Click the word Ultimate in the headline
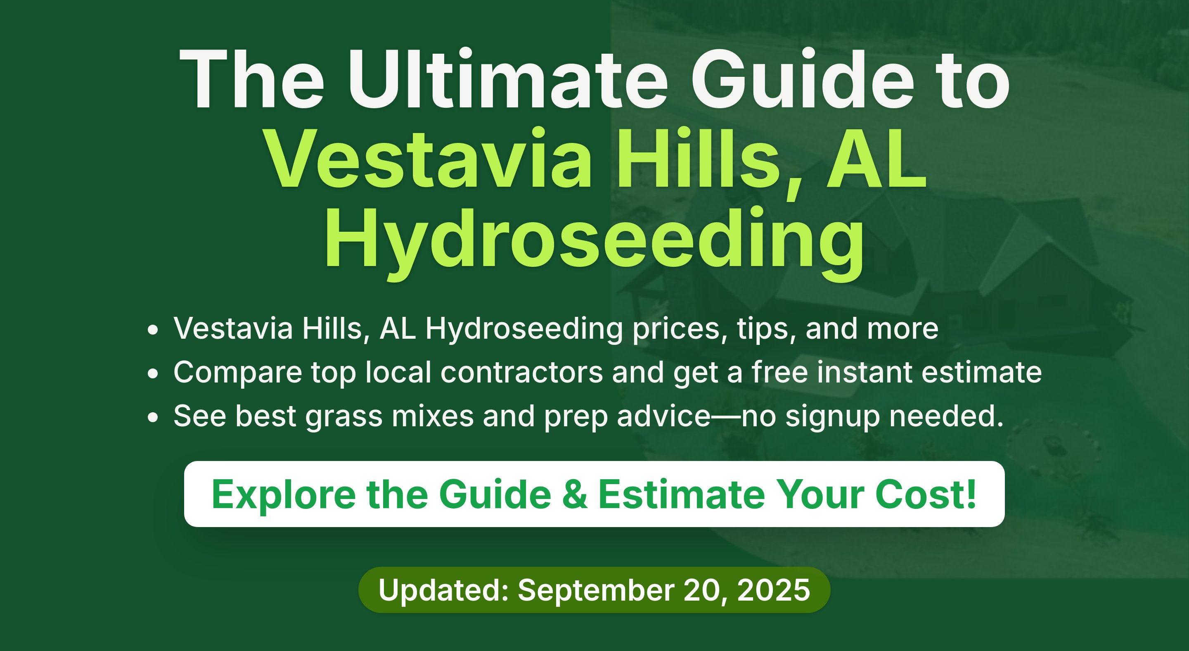[x=507, y=79]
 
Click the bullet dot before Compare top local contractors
[x=153, y=373]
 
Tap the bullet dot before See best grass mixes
[x=153, y=417]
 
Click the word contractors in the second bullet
[x=521, y=372]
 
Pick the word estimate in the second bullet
[x=982, y=372]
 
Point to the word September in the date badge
[x=596, y=591]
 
